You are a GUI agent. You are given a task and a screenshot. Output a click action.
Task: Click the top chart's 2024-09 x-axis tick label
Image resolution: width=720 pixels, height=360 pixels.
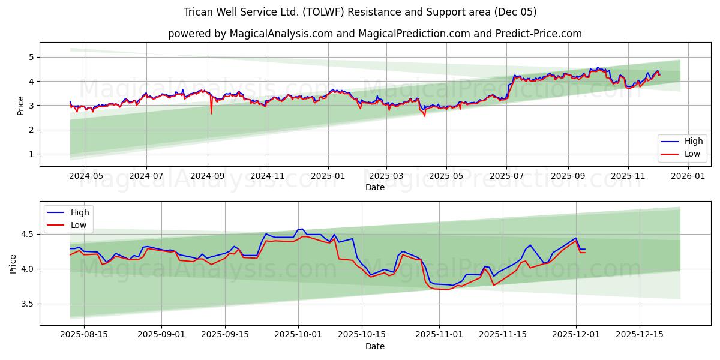pyautogui.click(x=208, y=176)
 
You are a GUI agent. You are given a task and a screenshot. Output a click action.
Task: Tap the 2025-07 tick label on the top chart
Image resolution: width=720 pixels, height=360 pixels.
pyautogui.click(x=506, y=176)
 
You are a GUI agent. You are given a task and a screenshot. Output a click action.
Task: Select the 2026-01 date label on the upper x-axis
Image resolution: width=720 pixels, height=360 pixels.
pyautogui.click(x=688, y=176)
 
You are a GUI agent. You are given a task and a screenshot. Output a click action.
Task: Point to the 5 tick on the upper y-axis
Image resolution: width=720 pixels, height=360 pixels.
pyautogui.click(x=31, y=57)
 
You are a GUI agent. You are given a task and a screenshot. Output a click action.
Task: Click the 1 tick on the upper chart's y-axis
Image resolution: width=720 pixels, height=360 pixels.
pyautogui.click(x=31, y=154)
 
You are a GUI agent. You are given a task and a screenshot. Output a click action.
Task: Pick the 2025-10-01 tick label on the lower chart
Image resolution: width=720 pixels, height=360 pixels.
pyautogui.click(x=298, y=335)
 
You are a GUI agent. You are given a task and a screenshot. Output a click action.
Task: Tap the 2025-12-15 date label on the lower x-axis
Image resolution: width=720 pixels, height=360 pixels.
pyautogui.click(x=640, y=335)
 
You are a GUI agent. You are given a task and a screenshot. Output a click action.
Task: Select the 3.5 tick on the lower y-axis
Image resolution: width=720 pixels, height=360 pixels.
pyautogui.click(x=26, y=304)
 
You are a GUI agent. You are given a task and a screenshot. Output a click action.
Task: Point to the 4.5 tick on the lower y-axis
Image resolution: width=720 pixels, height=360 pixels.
pyautogui.click(x=26, y=234)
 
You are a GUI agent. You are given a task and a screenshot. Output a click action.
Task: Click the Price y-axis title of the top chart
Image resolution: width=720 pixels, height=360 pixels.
pyautogui.click(x=21, y=106)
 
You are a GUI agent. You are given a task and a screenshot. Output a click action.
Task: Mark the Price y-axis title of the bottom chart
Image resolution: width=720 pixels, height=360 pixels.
pyautogui.click(x=13, y=263)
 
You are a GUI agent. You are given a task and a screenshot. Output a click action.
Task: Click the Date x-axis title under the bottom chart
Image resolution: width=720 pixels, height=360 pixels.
pyautogui.click(x=375, y=346)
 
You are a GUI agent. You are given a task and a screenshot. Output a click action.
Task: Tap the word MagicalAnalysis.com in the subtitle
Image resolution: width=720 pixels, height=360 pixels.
pyautogui.click(x=281, y=34)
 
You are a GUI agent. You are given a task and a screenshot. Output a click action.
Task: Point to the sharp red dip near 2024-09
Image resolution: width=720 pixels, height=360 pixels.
pyautogui.click(x=211, y=113)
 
